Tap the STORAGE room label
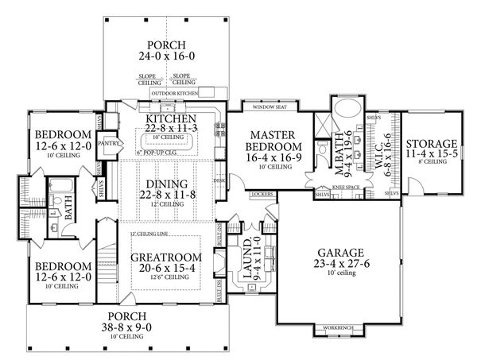(432, 144)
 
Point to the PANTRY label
(109, 144)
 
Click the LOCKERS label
(261, 194)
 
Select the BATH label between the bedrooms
(70, 211)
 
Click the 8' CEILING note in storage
(432, 161)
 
